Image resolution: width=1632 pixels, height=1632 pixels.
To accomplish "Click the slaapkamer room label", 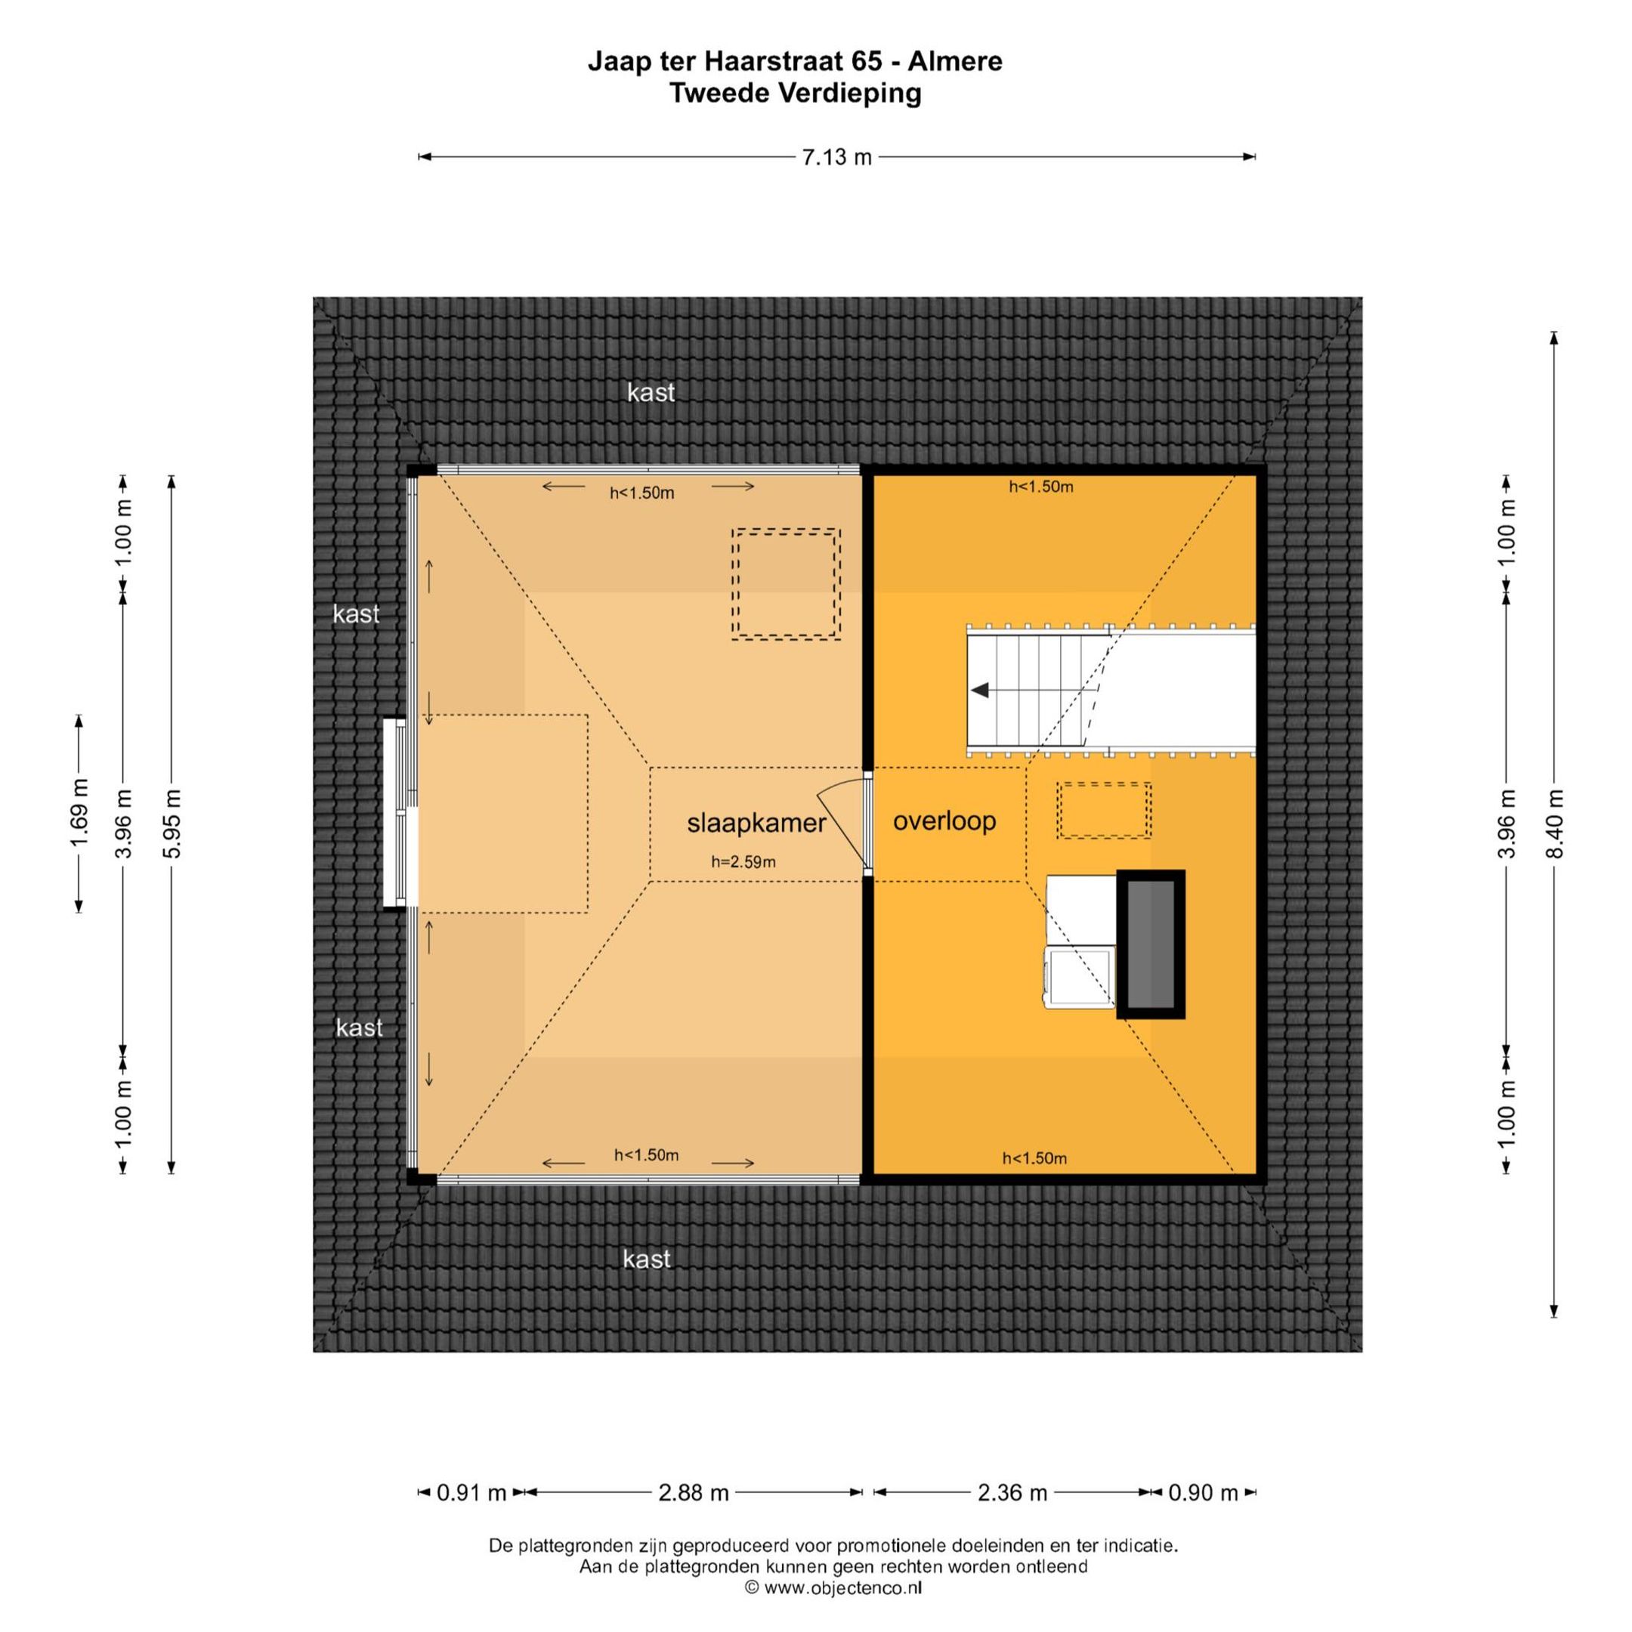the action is tap(756, 823).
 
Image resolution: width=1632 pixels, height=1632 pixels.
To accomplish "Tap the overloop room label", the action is tap(944, 821).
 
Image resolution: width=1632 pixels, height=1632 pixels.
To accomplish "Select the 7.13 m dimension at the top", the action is tap(836, 157).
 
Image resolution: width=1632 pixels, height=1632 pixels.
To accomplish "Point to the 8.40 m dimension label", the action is tap(1554, 824).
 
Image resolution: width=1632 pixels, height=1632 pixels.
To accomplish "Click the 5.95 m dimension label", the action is tap(172, 824).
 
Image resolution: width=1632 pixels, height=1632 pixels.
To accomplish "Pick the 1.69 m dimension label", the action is tap(79, 813).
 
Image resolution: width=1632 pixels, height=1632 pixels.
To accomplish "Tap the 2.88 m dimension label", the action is tap(694, 1493).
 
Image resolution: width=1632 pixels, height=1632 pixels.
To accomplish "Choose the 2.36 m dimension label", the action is tap(1012, 1493).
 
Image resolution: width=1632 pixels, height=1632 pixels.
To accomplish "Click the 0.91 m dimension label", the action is tap(471, 1493).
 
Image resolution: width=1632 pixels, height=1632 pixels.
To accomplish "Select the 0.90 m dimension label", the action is tap(1203, 1493).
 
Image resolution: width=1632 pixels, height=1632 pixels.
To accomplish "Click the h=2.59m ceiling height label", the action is tap(743, 861).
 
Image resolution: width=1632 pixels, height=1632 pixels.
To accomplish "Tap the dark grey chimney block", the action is tap(1151, 944).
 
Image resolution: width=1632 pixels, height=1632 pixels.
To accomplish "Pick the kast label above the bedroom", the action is tap(651, 392).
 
